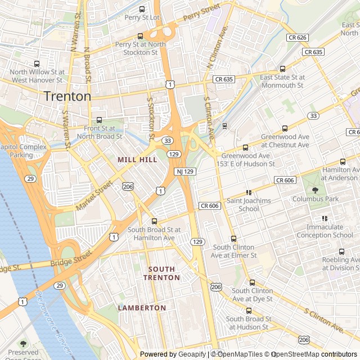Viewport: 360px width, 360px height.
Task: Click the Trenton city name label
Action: coord(67,96)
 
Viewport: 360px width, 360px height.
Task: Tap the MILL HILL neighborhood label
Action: coord(137,160)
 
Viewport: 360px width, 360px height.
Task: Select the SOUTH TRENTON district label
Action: coord(161,273)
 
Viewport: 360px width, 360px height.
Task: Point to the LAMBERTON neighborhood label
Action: coord(142,308)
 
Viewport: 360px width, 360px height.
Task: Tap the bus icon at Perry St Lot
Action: coord(141,9)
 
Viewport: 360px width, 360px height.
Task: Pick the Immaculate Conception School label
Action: coord(325,231)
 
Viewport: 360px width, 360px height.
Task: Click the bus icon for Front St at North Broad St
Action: coord(100,120)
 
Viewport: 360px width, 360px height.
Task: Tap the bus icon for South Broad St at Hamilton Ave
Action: coord(155,221)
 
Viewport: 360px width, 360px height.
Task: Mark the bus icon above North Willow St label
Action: coord(37,64)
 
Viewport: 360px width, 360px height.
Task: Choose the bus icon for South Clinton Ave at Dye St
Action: coord(252,282)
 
